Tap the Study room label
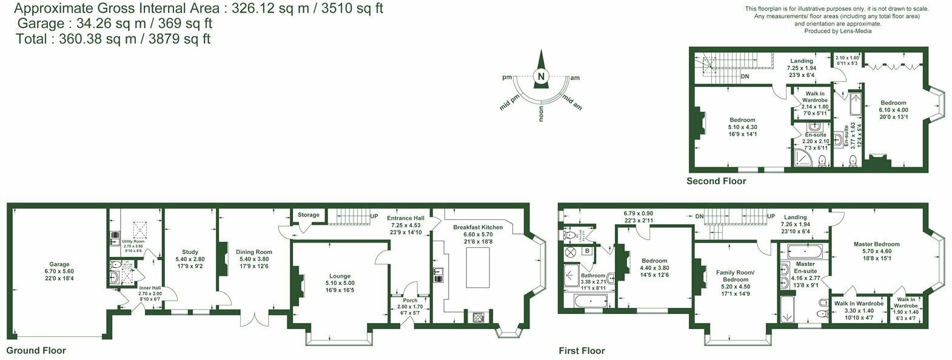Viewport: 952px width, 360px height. coord(190,252)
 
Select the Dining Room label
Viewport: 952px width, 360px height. coord(253,252)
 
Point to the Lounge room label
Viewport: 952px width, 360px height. coord(340,276)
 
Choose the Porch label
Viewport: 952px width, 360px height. coord(411,300)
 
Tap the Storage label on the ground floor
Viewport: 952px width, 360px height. coord(308,215)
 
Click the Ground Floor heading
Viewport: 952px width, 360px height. coord(36,350)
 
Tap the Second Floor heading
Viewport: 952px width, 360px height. coord(716,181)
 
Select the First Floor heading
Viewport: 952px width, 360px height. coord(582,350)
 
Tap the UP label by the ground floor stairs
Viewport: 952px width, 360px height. coord(374,216)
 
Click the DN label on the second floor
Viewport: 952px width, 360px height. coord(745,76)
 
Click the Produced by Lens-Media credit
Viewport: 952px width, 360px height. coord(837,31)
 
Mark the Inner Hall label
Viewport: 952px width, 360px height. coord(149,288)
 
